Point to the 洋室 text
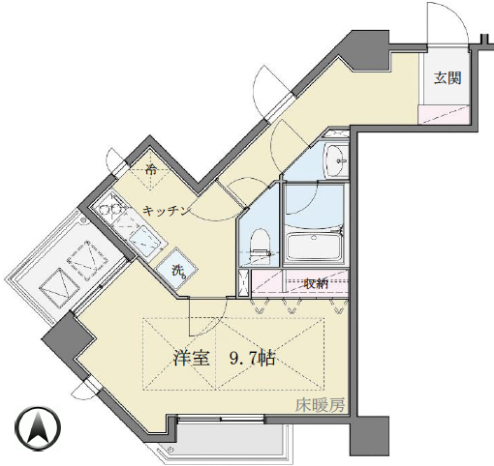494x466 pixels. (192, 358)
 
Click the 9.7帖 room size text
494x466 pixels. (254, 358)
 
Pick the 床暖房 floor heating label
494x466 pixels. (321, 407)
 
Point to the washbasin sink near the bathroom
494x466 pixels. (335, 160)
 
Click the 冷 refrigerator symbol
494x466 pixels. (152, 172)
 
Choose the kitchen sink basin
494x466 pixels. (141, 237)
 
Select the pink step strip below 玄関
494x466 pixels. (445, 115)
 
